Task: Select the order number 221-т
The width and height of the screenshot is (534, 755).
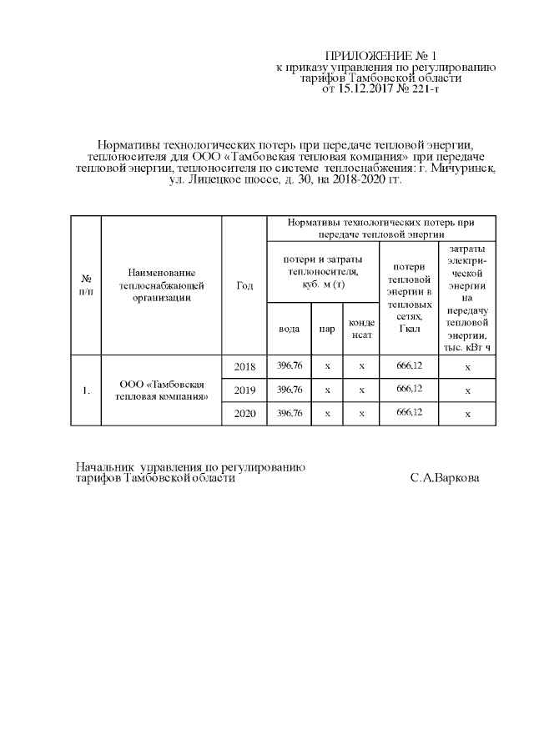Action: pos(420,88)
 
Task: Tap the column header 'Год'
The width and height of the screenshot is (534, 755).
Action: pos(244,285)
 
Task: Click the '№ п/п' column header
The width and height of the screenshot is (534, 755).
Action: pos(85,285)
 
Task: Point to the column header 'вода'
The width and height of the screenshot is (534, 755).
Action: pos(289,329)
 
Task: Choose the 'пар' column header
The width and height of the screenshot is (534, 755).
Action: pos(327,329)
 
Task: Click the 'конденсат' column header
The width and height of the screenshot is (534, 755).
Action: pos(361,329)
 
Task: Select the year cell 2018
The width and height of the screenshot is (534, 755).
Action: pos(244,366)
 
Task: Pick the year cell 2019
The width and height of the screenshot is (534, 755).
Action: pos(244,390)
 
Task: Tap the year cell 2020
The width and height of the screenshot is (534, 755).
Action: pos(244,413)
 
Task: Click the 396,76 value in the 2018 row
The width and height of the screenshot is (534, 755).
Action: pos(289,366)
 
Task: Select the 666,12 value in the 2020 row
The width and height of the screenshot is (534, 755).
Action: pos(409,413)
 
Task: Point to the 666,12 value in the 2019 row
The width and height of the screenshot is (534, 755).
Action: pos(409,390)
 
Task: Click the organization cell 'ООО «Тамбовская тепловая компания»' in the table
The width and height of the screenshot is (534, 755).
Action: pos(162,390)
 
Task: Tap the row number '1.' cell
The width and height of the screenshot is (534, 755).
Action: pos(85,390)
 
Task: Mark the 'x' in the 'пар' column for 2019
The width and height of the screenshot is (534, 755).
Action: pos(327,390)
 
